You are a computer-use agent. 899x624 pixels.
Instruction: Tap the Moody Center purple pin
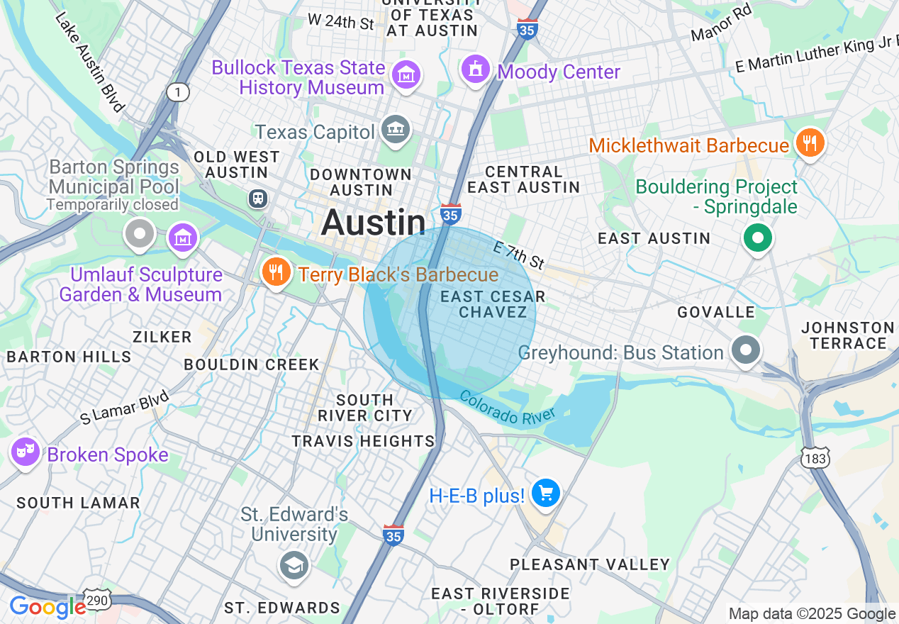pyautogui.click(x=476, y=69)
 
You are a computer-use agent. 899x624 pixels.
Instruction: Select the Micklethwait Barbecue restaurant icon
pyautogui.click(x=808, y=143)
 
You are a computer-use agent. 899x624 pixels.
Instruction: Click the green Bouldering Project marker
pyautogui.click(x=757, y=238)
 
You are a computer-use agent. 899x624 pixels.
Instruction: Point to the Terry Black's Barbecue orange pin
pyautogui.click(x=275, y=272)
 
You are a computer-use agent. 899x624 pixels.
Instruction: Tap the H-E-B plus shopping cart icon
pyautogui.click(x=545, y=493)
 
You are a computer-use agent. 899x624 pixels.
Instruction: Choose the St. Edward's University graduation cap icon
pyautogui.click(x=293, y=566)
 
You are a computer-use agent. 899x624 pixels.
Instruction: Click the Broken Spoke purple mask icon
pyautogui.click(x=26, y=451)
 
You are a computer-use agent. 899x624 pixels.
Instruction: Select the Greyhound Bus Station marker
pyautogui.click(x=745, y=350)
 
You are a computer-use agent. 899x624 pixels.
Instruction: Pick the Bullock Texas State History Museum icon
pyautogui.click(x=406, y=74)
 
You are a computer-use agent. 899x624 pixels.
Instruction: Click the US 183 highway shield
pyautogui.click(x=815, y=458)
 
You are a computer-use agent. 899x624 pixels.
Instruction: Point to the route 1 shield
pyautogui.click(x=178, y=91)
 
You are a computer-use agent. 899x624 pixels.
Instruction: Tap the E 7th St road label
pyautogui.click(x=519, y=255)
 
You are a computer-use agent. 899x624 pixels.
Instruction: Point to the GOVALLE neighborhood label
pyautogui.click(x=715, y=313)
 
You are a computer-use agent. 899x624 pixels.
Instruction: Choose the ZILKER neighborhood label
pyautogui.click(x=162, y=337)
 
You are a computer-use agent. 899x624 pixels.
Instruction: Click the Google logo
pyautogui.click(x=48, y=608)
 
